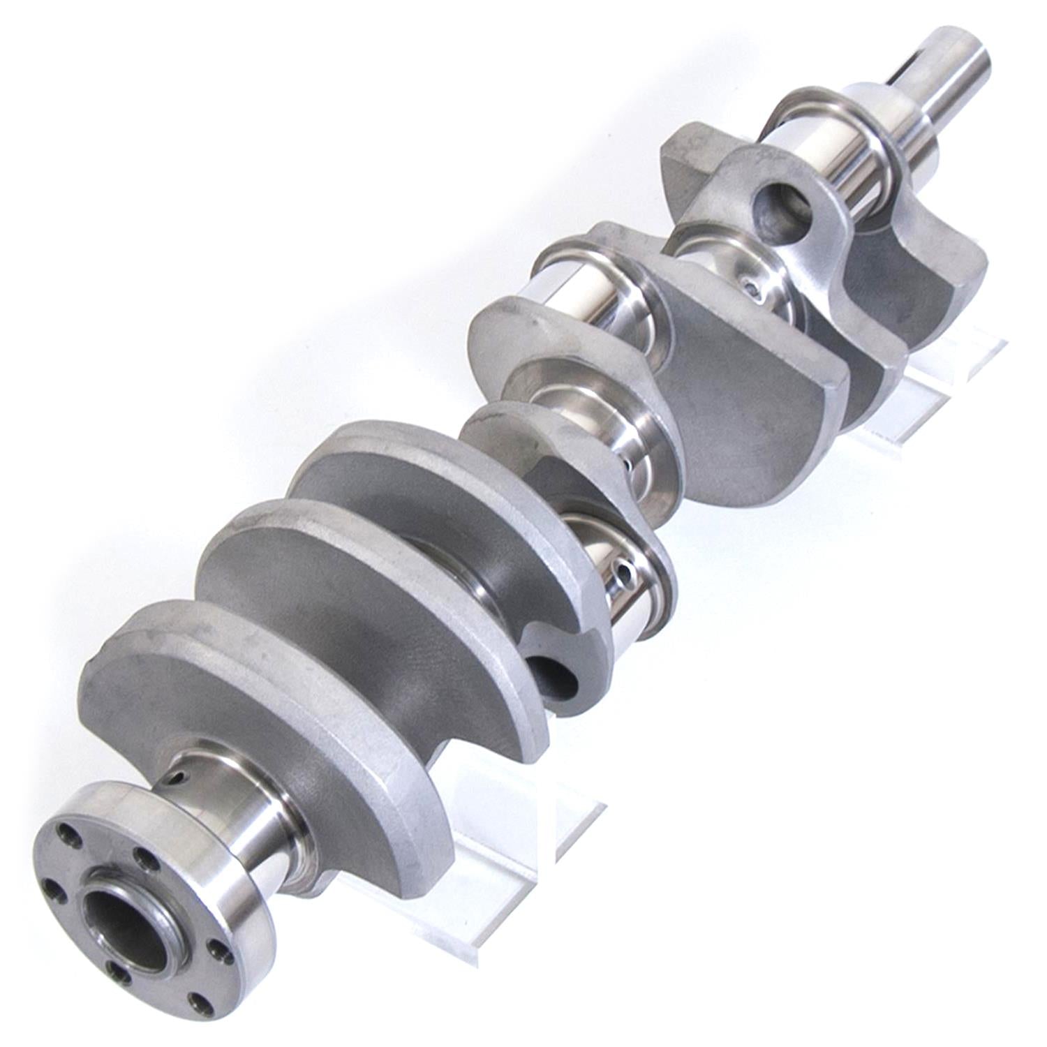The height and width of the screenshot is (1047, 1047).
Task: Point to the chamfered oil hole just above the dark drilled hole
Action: click(x=623, y=574)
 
